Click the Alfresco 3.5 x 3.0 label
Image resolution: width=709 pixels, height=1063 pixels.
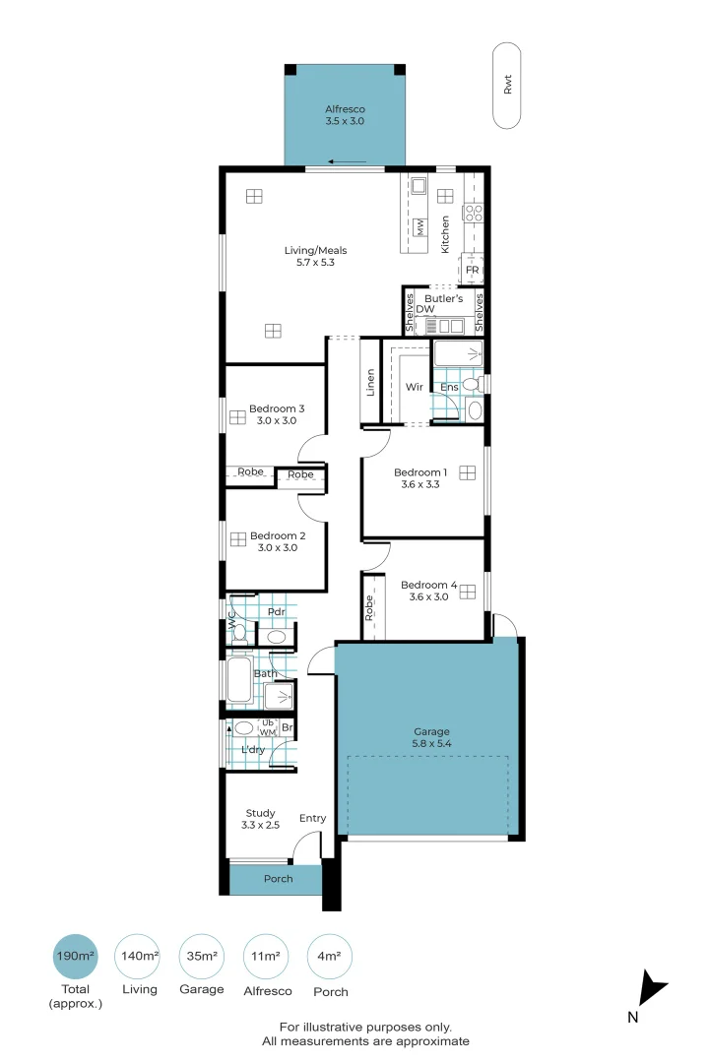click(x=345, y=115)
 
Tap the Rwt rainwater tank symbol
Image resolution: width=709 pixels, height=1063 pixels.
click(x=507, y=86)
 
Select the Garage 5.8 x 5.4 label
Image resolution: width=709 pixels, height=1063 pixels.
click(x=431, y=737)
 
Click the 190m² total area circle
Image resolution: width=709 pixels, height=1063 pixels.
click(x=75, y=956)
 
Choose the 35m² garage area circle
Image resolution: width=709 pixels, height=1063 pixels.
click(x=202, y=956)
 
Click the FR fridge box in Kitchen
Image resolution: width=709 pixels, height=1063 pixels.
click(x=472, y=270)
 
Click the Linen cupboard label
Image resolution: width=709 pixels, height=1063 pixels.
click(x=370, y=382)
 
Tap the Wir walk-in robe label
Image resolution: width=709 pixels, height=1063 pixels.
click(x=415, y=387)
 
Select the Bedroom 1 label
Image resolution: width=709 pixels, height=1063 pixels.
click(x=421, y=477)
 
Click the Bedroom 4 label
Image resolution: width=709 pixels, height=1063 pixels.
click(x=429, y=590)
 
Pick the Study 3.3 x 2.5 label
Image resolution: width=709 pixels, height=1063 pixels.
click(x=260, y=819)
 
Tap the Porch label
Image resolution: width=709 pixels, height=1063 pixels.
click(x=278, y=879)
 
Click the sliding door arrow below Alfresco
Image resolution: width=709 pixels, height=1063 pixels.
click(x=348, y=162)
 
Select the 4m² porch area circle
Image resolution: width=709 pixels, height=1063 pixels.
click(x=330, y=956)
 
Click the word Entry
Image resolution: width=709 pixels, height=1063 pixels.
click(x=312, y=818)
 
